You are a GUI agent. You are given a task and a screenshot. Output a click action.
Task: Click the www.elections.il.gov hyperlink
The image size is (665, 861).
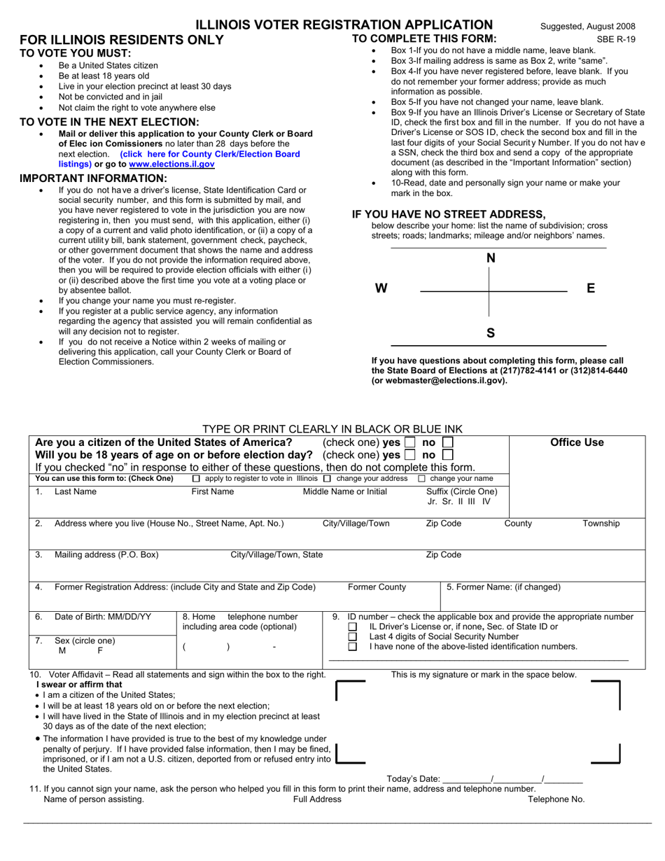[171, 164]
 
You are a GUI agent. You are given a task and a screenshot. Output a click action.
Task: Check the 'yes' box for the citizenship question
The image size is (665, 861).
[410, 442]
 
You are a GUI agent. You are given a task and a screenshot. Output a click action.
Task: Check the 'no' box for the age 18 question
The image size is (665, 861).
[448, 455]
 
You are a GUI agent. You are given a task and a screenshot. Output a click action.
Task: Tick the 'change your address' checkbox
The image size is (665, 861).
[327, 479]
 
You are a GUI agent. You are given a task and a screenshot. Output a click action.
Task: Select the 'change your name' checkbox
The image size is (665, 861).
[421, 479]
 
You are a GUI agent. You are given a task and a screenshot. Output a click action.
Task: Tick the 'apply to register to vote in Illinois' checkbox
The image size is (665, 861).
[196, 479]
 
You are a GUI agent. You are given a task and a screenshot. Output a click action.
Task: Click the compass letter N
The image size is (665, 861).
[491, 258]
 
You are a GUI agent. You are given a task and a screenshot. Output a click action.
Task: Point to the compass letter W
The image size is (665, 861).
[381, 288]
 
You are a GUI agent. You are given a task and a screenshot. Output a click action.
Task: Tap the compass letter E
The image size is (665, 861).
[590, 288]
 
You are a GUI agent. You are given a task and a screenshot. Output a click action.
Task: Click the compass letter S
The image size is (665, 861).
[491, 332]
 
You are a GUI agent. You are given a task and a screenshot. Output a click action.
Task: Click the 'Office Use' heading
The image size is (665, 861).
[577, 442]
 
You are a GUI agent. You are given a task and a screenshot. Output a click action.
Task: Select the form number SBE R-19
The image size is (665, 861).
[616, 40]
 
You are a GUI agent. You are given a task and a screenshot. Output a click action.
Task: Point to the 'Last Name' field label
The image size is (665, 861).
[76, 491]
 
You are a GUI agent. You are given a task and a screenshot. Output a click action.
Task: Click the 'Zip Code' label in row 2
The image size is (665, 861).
[444, 524]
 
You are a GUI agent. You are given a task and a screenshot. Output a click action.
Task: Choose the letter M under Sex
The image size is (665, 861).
[62, 650]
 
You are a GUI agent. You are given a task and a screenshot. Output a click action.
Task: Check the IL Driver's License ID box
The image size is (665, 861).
[353, 626]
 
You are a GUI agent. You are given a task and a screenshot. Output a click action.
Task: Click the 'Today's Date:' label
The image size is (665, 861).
[413, 779]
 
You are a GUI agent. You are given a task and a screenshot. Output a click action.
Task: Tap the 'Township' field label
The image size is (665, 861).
[601, 524]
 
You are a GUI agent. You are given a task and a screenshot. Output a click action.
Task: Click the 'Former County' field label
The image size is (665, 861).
[377, 587]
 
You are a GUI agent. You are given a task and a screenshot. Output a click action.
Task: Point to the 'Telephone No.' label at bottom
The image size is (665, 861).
[556, 799]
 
